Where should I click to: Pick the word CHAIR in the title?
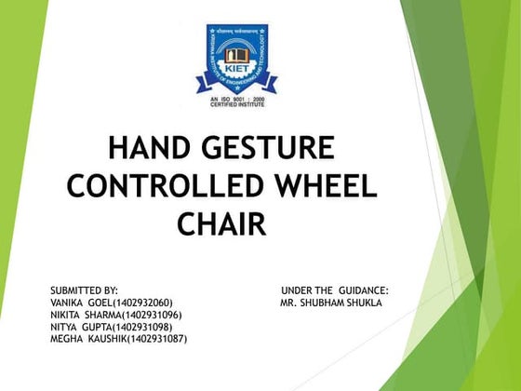(220, 223)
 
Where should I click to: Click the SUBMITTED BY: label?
(85, 291)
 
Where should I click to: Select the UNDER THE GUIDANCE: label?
(334, 291)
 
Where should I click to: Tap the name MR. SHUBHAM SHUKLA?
(330, 303)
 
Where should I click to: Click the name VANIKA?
(68, 303)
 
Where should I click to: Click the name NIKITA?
(67, 316)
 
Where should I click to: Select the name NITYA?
(65, 328)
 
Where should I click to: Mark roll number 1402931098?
(142, 328)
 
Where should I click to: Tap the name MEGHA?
(66, 340)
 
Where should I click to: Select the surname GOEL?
(101, 303)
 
